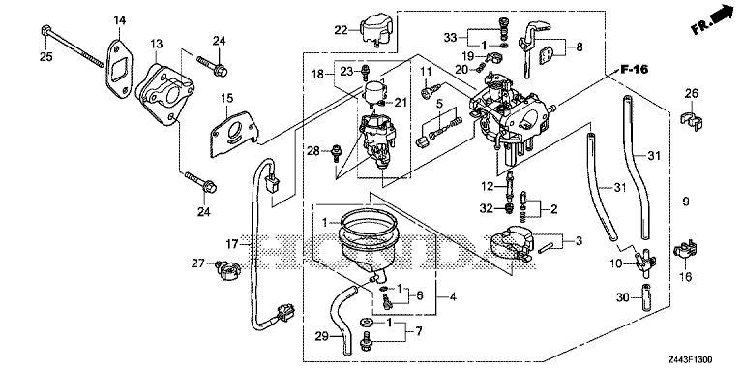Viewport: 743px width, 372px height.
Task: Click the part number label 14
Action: [120, 20]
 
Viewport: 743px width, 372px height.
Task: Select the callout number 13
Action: [157, 45]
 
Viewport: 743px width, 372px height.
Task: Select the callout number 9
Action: [685, 201]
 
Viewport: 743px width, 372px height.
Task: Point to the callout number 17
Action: [232, 243]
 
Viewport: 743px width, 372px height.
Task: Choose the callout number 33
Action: [450, 37]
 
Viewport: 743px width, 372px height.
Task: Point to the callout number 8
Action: [580, 46]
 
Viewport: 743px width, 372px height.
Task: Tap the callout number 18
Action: [315, 75]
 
